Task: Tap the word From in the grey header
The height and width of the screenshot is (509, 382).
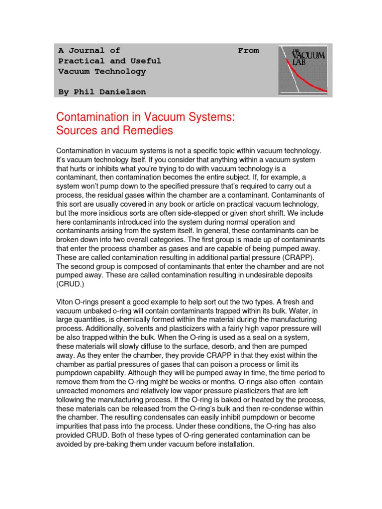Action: [248, 50]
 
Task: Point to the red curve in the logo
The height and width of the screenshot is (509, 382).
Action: [303, 80]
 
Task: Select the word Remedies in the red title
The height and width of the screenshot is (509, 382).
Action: [149, 131]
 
